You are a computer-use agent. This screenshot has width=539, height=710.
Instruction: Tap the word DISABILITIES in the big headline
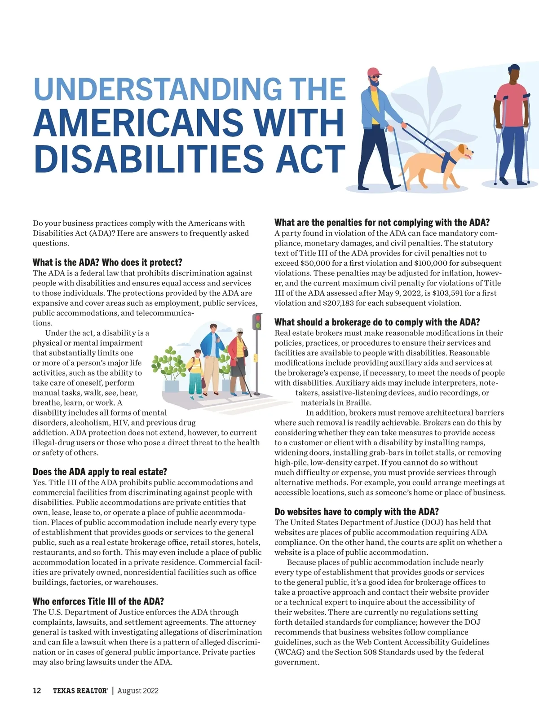coord(148,158)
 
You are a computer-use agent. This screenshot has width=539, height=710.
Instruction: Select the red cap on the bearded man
coord(374,72)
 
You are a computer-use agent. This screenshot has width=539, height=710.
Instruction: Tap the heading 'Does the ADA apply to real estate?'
coord(100,472)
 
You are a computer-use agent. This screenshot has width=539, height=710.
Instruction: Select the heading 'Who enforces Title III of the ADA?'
coord(98,601)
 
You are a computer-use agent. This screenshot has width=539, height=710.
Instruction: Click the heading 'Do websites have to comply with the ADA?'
coord(357,512)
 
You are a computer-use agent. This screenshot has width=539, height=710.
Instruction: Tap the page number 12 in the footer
coord(37,691)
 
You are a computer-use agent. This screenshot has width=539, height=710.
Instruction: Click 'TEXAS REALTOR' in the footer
coord(80,691)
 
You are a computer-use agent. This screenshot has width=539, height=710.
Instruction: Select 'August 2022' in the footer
coord(138,691)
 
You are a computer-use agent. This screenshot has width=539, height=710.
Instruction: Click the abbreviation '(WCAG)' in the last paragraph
coord(289,652)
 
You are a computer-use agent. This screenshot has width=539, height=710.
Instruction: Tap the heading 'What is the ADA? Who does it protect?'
coord(107,262)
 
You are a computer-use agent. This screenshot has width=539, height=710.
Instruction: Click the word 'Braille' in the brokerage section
coord(356,403)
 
